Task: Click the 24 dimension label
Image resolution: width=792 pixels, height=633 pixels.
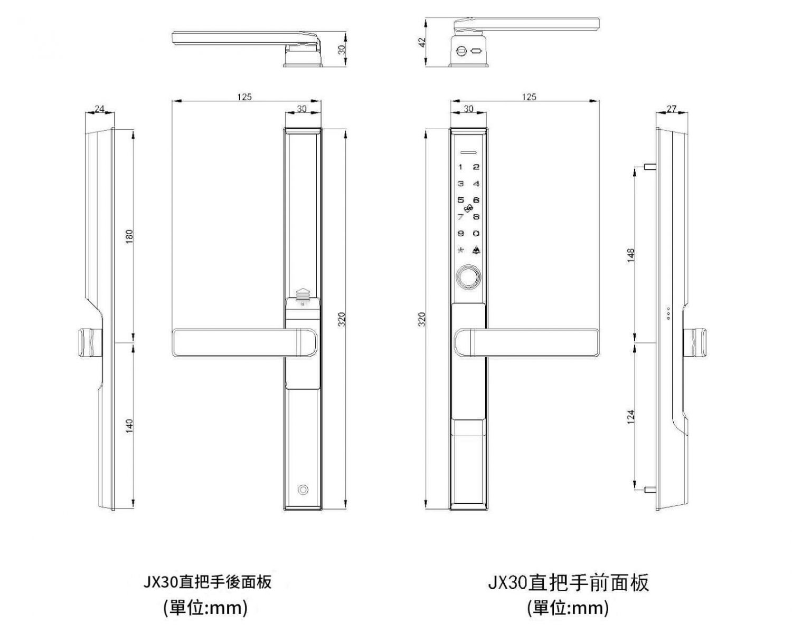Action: coord(99,109)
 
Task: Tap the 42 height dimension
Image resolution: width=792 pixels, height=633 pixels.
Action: coord(422,42)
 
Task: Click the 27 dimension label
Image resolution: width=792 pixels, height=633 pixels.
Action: coord(671,109)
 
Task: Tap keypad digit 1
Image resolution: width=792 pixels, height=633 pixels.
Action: coord(460,167)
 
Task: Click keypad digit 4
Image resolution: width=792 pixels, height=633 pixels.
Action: coord(476,184)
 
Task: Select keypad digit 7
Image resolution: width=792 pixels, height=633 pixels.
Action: coord(460,217)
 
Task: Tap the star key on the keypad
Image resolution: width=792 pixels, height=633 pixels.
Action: coord(460,251)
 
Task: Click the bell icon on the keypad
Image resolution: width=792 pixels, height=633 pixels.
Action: coord(476,251)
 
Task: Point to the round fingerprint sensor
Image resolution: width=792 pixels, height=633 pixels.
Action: coord(468,277)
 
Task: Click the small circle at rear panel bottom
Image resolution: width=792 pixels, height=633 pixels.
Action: coord(303,489)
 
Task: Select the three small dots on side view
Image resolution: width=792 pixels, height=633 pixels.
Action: coord(668,313)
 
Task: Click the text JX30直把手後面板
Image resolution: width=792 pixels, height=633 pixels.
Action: coord(208,582)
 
